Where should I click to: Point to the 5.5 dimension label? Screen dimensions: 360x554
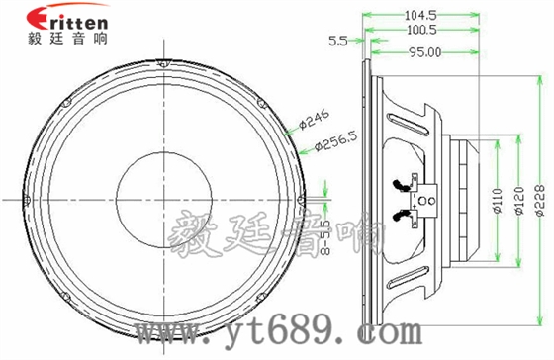[336, 42]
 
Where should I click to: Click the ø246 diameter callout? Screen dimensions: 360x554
[313, 121]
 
